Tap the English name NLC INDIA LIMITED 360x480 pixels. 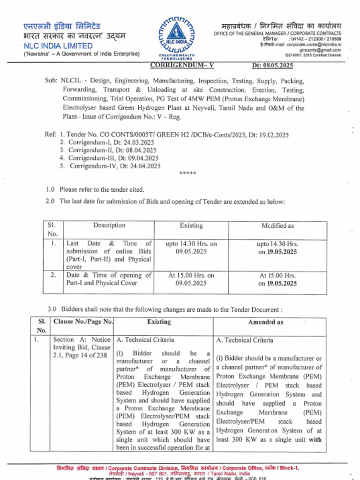point(58,46)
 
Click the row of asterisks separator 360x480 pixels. point(187,173)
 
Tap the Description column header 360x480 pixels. point(109,225)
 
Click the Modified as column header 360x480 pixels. point(277,226)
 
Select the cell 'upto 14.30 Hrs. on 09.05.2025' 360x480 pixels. point(191,247)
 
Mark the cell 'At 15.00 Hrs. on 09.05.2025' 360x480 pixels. point(191,279)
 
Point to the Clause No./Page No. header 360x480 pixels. point(83,322)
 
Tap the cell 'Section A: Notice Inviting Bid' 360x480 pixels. point(82,347)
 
